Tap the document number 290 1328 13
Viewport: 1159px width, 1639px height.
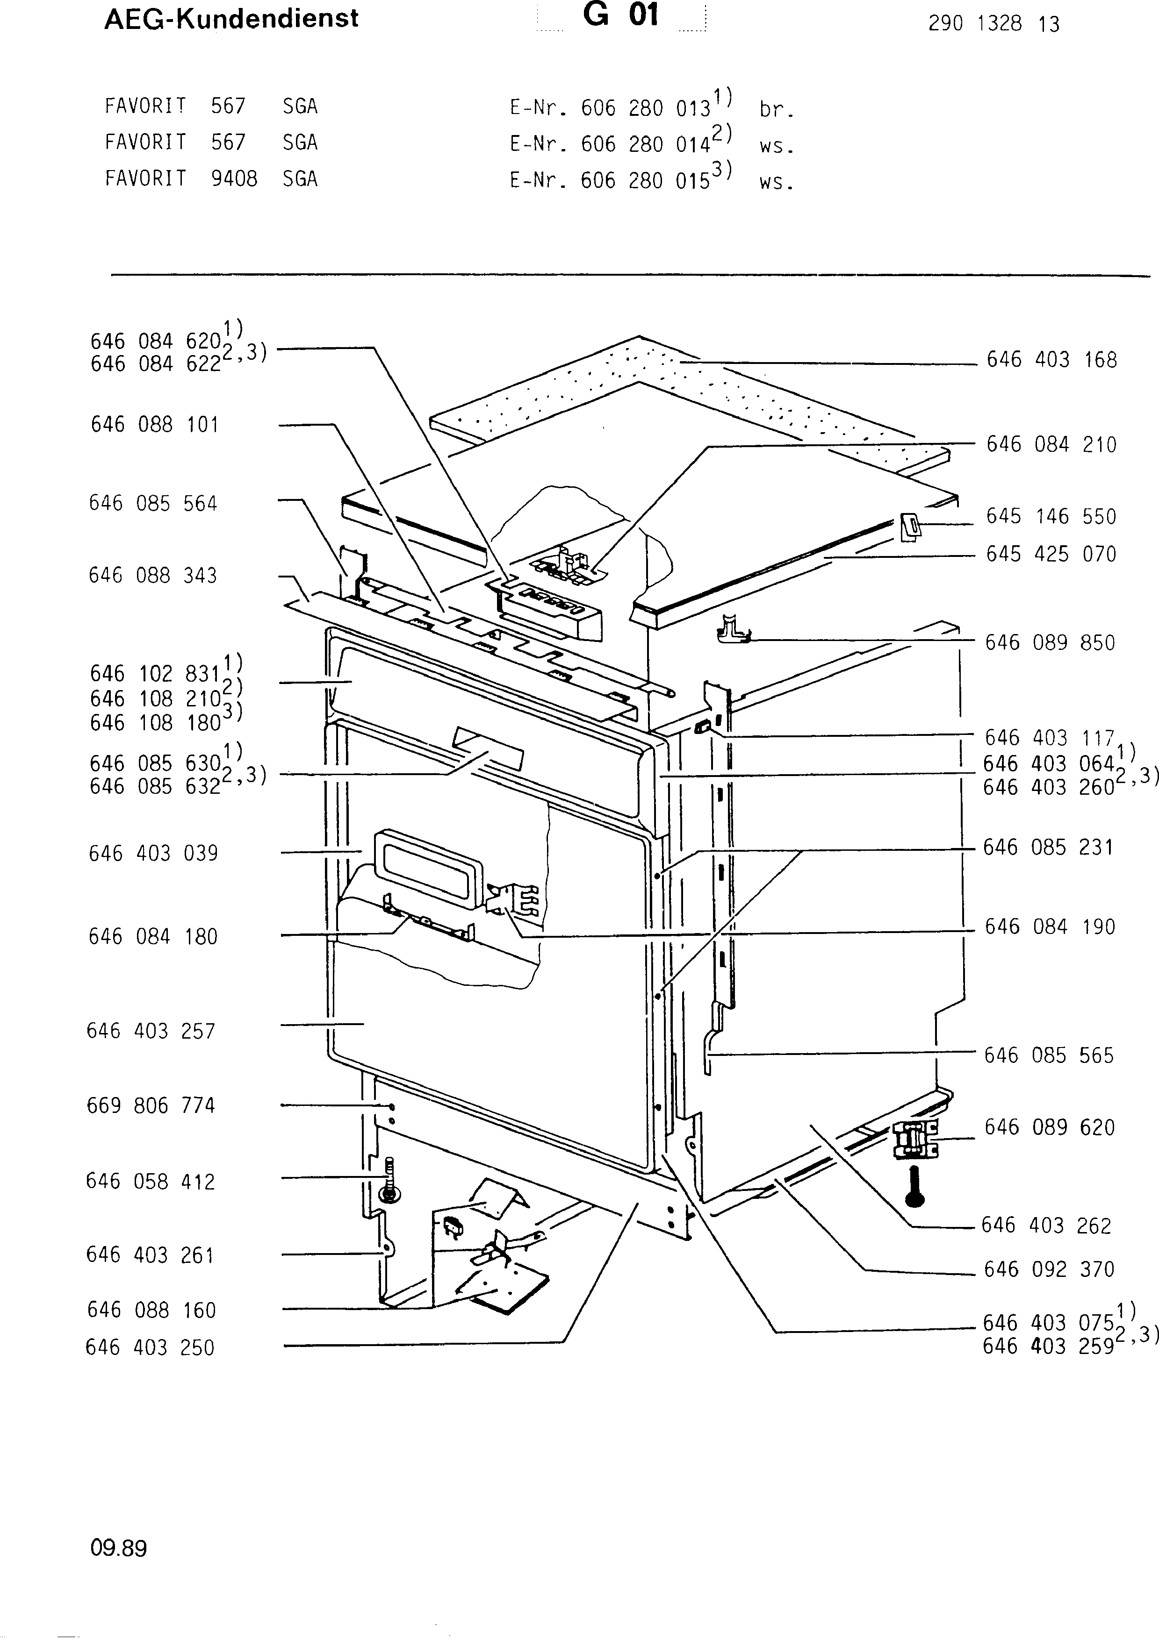[x=993, y=24]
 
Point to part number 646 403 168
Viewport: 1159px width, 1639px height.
[x=1051, y=359]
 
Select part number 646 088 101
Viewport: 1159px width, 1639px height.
[x=154, y=424]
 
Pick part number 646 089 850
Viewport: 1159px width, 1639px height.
[x=1050, y=642]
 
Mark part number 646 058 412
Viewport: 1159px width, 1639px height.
[x=150, y=1182]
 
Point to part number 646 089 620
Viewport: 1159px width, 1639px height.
[x=1049, y=1127]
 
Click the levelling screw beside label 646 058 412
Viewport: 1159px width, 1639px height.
[x=390, y=1182]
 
